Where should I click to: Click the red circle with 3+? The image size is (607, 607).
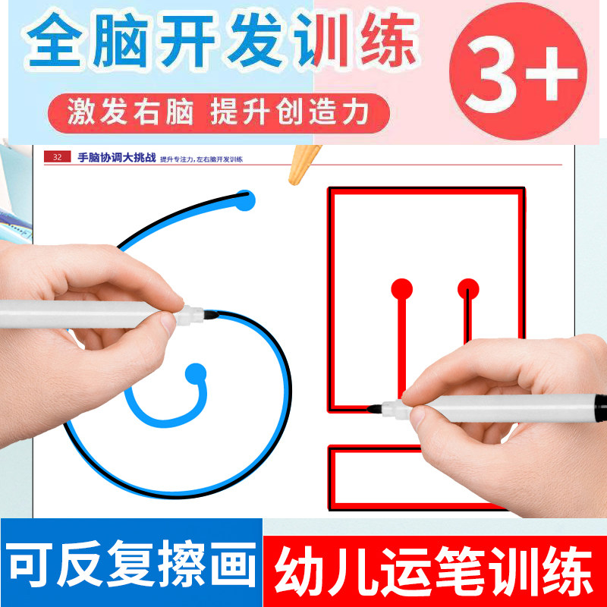pyautogui.click(x=518, y=71)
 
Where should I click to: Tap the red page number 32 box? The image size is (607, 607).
pyautogui.click(x=58, y=157)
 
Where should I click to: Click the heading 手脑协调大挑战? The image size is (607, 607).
pyautogui.click(x=117, y=158)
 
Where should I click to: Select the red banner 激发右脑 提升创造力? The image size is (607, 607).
pyautogui.click(x=219, y=113)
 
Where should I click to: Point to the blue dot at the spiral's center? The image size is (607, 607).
pyautogui.click(x=196, y=374)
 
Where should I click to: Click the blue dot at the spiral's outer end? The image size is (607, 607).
pyautogui.click(x=245, y=200)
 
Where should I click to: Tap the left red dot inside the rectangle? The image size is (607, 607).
pyautogui.click(x=402, y=289)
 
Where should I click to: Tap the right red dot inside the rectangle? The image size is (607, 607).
pyautogui.click(x=468, y=289)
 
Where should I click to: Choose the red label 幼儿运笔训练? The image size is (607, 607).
pyautogui.click(x=435, y=571)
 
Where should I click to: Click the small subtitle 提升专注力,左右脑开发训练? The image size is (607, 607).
pyautogui.click(x=201, y=159)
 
